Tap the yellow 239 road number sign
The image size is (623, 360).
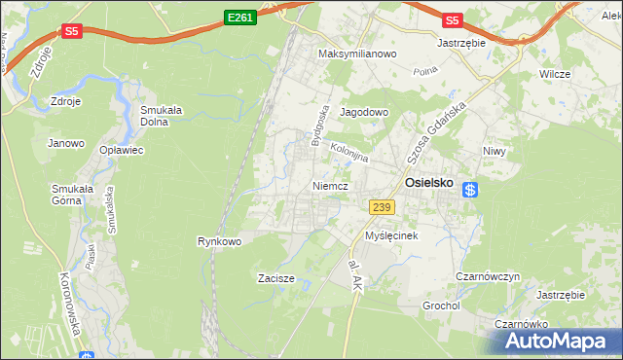tap(382, 206)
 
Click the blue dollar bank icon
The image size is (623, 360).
tap(469, 191)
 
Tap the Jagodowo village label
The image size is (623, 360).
tap(364, 112)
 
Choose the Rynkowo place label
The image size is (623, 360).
tap(219, 240)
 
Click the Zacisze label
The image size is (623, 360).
tap(276, 278)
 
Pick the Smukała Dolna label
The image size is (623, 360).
tap(164, 116)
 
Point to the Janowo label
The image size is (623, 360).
tap(66, 143)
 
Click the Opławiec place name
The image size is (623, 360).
tap(122, 151)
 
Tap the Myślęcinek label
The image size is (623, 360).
tap(391, 235)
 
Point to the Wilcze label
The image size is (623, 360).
tap(555, 74)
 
